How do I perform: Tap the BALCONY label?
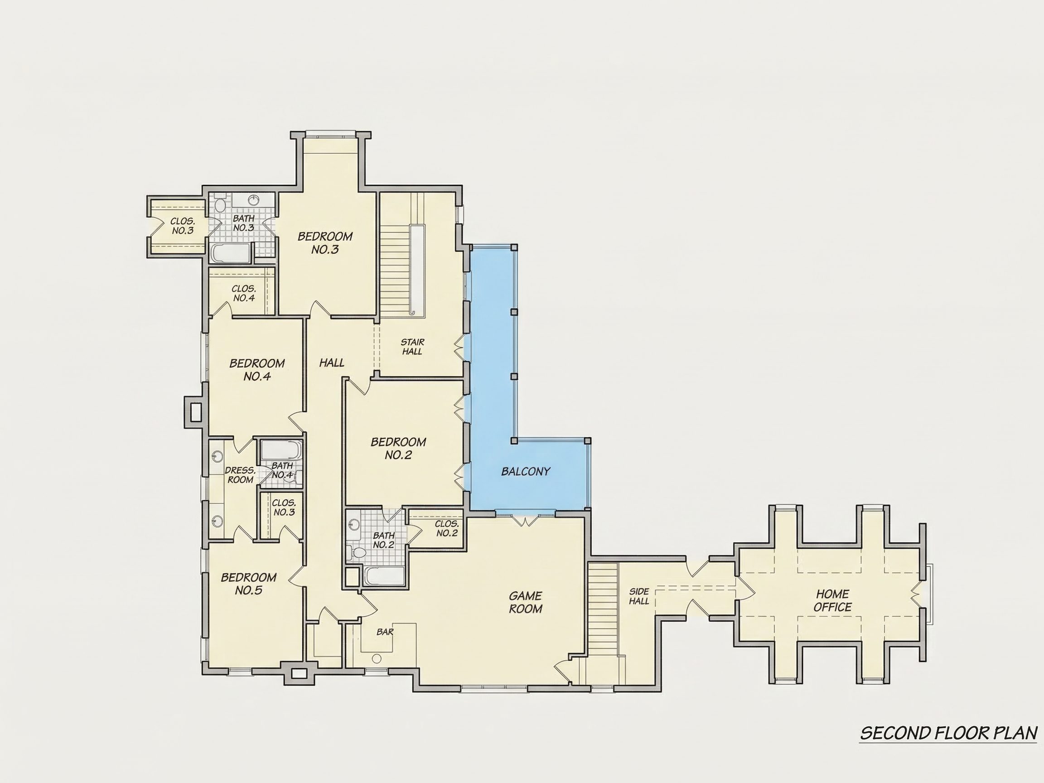[x=526, y=471]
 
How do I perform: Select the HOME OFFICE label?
[x=832, y=600]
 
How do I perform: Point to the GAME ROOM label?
[x=526, y=602]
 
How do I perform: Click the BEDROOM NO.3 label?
[x=325, y=242]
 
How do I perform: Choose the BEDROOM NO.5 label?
[x=249, y=584]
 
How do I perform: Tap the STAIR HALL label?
[x=412, y=347]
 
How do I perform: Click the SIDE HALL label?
[x=639, y=596]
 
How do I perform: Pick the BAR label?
[x=385, y=632]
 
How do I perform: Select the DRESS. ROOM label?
[x=240, y=475]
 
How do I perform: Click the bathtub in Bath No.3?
[x=231, y=253]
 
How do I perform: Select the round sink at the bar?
[x=377, y=658]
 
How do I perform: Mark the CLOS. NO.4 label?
[x=244, y=293]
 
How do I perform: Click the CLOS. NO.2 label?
[x=446, y=529]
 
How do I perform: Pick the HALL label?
[x=332, y=362]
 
